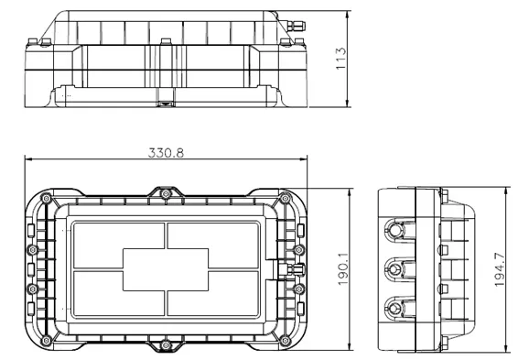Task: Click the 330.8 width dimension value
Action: (166, 153)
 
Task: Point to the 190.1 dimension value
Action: (340, 269)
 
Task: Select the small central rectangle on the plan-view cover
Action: (165, 270)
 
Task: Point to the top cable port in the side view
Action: (395, 227)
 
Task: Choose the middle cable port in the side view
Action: (395, 268)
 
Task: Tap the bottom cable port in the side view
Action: (395, 308)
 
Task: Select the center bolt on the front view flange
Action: (165, 42)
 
